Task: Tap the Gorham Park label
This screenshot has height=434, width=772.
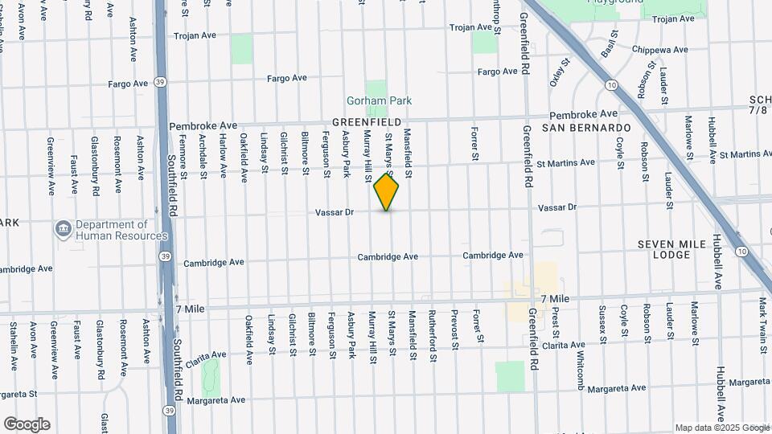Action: tap(379, 101)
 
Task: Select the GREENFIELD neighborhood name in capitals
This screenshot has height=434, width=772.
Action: tap(367, 122)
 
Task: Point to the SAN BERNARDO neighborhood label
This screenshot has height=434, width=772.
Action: tap(585, 128)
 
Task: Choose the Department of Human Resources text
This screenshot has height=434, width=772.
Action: tap(113, 231)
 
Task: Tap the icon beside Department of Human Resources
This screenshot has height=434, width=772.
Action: tap(63, 230)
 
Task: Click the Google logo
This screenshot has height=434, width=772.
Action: tap(27, 424)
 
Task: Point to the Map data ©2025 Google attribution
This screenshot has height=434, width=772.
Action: tap(721, 428)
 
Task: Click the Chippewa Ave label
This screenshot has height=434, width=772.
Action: tap(660, 50)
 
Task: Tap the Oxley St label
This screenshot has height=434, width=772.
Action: tap(560, 72)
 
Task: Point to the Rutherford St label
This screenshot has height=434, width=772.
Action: tap(432, 330)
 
